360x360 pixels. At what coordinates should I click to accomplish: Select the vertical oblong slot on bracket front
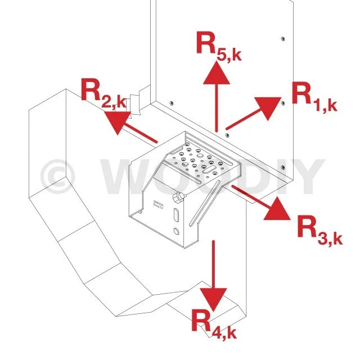[x=178, y=216]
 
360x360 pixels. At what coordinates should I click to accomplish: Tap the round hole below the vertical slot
[x=178, y=232]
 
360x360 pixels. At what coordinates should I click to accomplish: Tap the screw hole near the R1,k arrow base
[x=227, y=136]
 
